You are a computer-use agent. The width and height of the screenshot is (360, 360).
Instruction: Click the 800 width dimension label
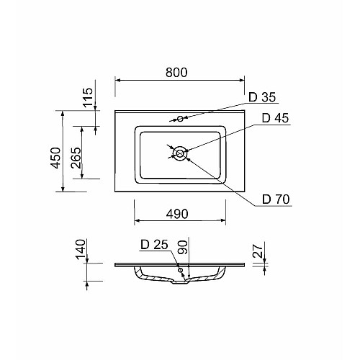176,72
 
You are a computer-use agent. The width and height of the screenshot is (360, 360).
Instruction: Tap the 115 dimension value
88,97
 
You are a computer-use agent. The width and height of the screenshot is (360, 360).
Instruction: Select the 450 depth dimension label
56,158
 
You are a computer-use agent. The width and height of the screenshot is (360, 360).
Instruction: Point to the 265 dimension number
76,158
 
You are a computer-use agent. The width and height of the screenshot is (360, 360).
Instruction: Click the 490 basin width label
177,214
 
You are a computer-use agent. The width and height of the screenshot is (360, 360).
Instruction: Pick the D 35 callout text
262,97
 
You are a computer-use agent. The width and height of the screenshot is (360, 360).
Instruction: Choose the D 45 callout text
275,118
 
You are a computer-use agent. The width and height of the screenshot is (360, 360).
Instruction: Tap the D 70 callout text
276,199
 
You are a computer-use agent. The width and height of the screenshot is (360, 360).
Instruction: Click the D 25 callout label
154,245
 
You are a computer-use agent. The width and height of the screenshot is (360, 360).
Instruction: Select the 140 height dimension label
81,249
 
